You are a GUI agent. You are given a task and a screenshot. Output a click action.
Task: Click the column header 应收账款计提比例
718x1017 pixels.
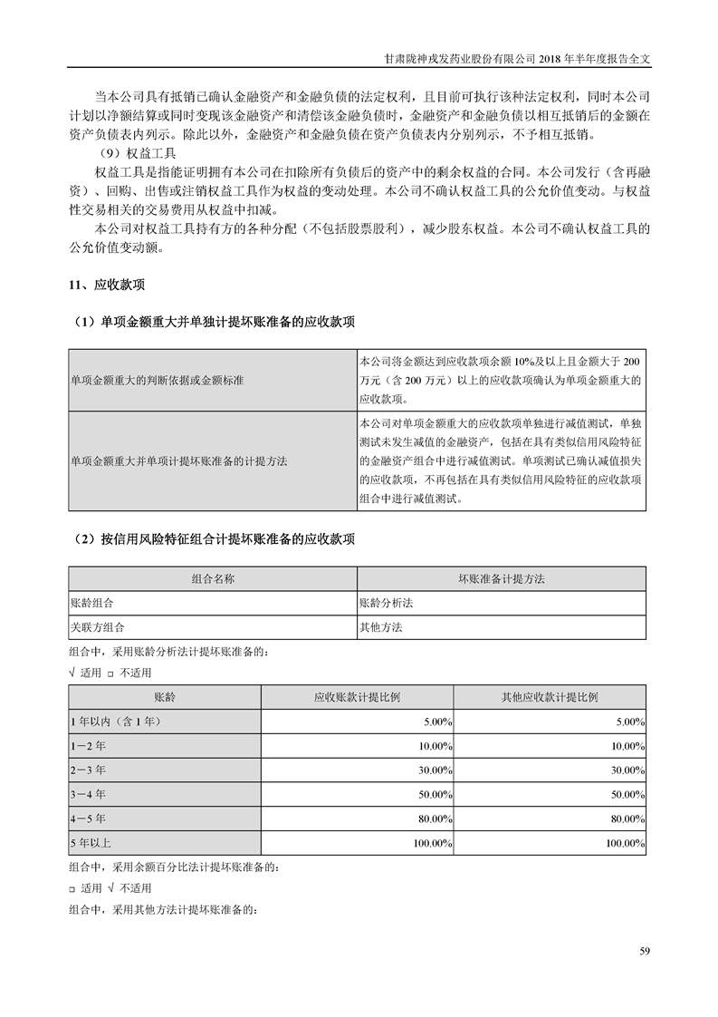click(x=357, y=697)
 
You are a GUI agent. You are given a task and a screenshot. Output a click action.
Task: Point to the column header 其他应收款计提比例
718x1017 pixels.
click(x=550, y=697)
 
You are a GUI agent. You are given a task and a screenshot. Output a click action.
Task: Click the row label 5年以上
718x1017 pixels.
click(x=91, y=844)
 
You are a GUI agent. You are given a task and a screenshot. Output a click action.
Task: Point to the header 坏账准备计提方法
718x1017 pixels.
click(x=502, y=578)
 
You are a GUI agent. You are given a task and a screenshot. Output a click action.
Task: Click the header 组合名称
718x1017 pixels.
click(x=213, y=578)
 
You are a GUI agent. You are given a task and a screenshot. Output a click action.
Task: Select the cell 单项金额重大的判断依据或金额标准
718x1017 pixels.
click(x=157, y=380)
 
